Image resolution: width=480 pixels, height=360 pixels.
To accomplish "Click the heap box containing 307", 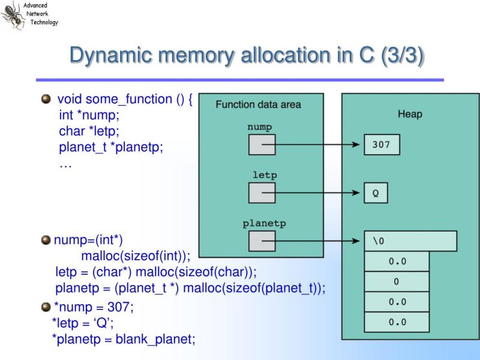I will coord(381,145).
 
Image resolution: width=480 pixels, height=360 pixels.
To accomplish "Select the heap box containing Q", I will coord(376,193).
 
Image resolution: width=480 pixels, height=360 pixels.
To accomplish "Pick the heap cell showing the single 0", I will coord(397,281).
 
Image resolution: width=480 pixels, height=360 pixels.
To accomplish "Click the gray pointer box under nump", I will coord(262,145).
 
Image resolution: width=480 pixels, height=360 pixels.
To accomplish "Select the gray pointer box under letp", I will coord(262,193).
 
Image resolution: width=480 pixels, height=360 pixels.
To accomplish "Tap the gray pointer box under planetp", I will coord(262,241).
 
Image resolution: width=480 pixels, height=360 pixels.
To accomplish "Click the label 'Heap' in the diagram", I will coord(410,114).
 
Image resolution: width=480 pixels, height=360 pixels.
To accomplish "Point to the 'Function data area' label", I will coord(259,104).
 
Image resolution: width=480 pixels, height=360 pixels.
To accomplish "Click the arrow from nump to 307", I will coord(318,145).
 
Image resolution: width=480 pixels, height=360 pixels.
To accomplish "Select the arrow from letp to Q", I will coord(318,193).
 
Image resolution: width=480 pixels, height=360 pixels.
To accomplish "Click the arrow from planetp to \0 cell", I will coord(318,241).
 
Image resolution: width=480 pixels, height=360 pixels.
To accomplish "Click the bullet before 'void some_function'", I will coord(46,99).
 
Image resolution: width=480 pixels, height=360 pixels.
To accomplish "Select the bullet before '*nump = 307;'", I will coord(46,307).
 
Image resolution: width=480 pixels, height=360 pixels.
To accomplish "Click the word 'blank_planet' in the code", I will coord(155,339).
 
